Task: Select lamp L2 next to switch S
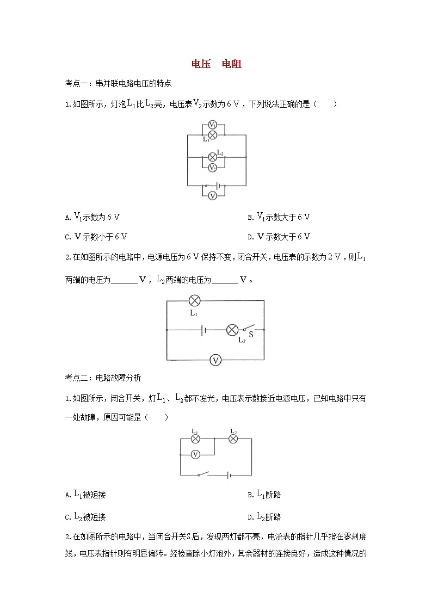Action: tap(232, 330)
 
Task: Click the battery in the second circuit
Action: tap(203, 330)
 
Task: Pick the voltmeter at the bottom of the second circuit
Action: tap(216, 360)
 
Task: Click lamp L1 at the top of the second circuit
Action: tap(195, 300)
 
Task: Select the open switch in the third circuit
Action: tap(203, 474)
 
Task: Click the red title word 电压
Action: tap(201, 64)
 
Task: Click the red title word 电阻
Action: tap(232, 64)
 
